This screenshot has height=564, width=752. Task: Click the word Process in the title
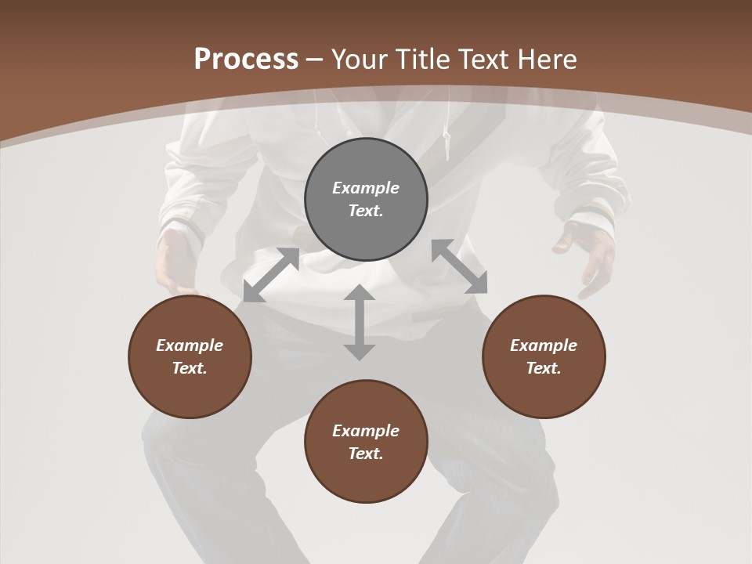(x=246, y=60)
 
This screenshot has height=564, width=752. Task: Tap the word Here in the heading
(x=546, y=60)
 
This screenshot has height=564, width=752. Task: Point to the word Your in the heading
(x=359, y=60)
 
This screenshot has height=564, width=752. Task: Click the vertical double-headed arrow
(x=360, y=322)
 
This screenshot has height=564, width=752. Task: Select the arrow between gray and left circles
(x=271, y=275)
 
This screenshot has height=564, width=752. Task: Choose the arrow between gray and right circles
(x=459, y=266)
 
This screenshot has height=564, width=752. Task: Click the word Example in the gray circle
(x=366, y=188)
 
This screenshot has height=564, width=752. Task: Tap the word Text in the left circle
(x=190, y=368)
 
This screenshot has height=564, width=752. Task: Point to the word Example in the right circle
(x=544, y=345)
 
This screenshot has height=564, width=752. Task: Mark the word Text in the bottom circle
(x=366, y=454)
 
